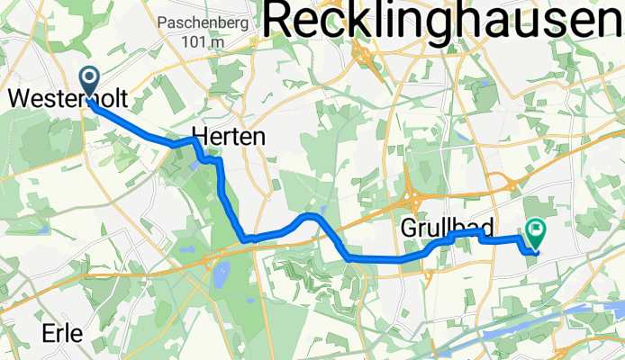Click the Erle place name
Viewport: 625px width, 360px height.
62,333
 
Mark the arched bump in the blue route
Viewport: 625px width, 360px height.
309,217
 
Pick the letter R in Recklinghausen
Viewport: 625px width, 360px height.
284,20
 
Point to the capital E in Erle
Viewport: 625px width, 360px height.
48,333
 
